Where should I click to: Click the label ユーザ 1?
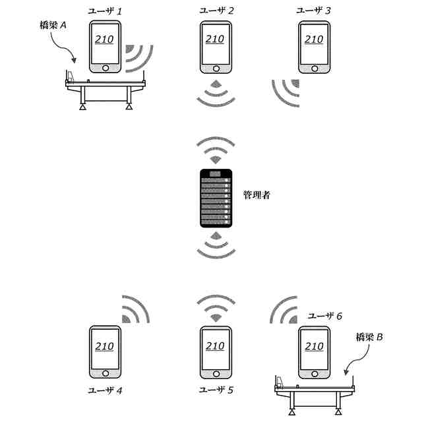[105, 11]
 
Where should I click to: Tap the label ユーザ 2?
[216, 11]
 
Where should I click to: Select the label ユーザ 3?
[313, 11]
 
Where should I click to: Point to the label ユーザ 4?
[105, 390]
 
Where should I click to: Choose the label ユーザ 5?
[216, 390]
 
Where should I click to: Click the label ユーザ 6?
[325, 316]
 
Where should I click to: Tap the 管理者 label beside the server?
[256, 195]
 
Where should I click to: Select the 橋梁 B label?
[369, 337]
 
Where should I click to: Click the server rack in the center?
[216, 198]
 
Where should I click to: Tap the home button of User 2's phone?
[216, 68]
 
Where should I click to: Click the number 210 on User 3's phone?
[314, 40]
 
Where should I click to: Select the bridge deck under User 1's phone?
[105, 84]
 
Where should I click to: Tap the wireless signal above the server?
[216, 150]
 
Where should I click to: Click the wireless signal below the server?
[216, 245]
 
